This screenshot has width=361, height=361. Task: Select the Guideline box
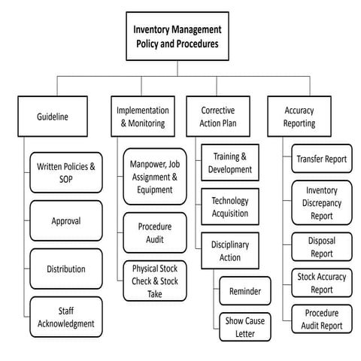(x=52, y=117)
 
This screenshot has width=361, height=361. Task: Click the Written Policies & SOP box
(x=66, y=171)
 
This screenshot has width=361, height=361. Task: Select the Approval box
(x=66, y=220)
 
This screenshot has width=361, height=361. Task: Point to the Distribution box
(x=66, y=268)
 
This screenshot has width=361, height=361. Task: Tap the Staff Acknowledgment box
(x=66, y=317)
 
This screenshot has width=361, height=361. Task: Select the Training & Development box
(x=230, y=162)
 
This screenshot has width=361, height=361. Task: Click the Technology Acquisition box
(x=230, y=207)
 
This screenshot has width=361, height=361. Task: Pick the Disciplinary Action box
(x=230, y=250)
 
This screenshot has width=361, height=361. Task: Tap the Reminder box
(x=244, y=290)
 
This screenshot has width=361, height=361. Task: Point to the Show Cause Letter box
(x=244, y=327)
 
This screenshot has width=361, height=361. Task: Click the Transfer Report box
(x=321, y=159)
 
